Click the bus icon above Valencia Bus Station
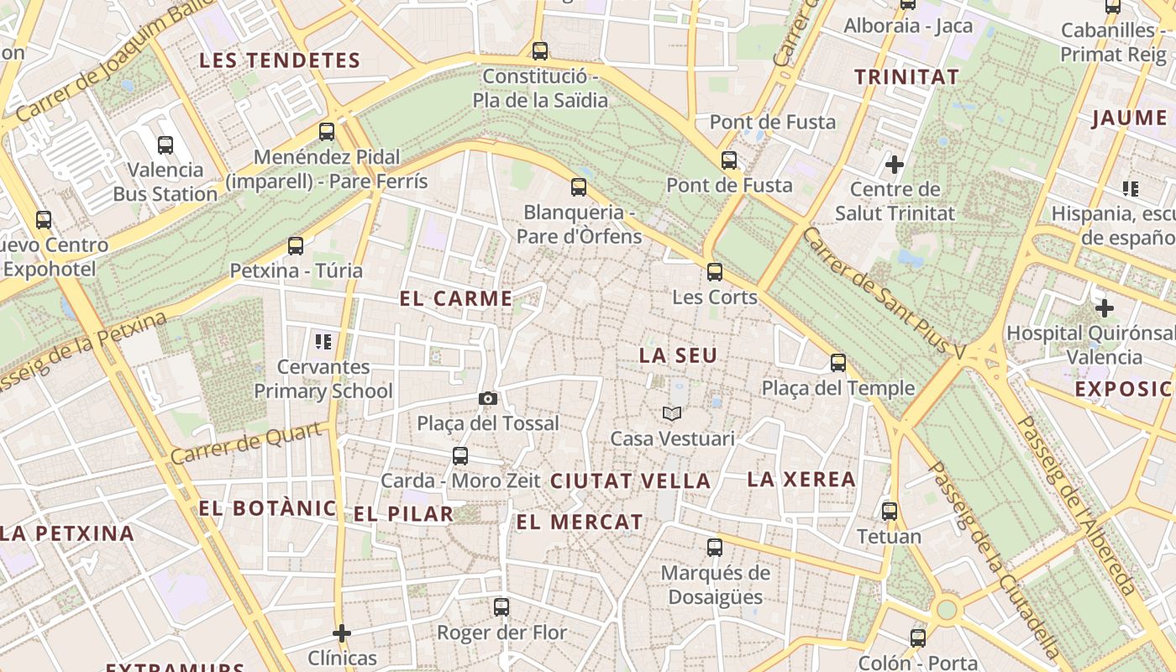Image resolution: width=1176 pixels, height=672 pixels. click(x=165, y=145)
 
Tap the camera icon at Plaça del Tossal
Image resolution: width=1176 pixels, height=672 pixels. click(x=487, y=398)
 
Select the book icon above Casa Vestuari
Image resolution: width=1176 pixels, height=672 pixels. click(x=672, y=413)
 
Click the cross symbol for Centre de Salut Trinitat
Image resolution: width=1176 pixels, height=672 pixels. click(x=895, y=164)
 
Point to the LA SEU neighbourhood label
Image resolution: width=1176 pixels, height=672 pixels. click(x=678, y=355)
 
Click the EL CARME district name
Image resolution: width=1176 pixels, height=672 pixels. click(x=456, y=298)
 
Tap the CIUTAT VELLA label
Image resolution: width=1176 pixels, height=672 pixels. click(x=630, y=481)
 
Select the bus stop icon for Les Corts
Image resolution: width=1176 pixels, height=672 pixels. click(x=715, y=271)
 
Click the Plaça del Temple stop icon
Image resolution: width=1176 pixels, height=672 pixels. click(x=838, y=363)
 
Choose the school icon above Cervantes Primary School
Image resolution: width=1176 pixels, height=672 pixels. click(x=323, y=342)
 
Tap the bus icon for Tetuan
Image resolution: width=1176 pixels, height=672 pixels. click(x=890, y=511)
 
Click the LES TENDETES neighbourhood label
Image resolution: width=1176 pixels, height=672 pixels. click(x=280, y=60)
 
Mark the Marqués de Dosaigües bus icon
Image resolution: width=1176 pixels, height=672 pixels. click(x=715, y=548)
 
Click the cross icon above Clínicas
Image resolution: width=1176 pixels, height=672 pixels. click(x=342, y=633)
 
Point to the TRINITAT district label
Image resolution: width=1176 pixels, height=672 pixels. click(x=906, y=76)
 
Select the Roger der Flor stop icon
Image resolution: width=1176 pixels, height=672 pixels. click(x=501, y=606)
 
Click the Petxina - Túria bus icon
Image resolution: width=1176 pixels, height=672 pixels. click(x=296, y=246)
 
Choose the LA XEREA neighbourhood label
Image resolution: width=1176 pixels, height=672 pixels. click(x=801, y=480)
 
